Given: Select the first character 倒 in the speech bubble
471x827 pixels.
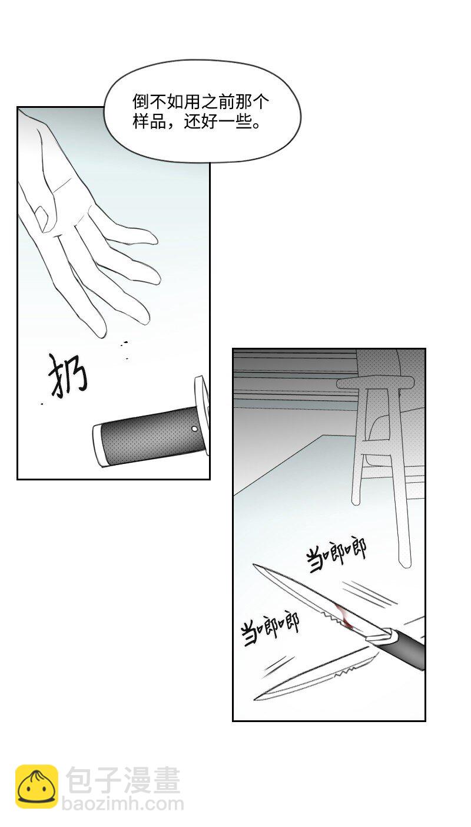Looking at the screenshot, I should pyautogui.click(x=139, y=101).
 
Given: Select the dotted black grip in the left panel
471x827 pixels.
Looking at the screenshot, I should pyautogui.click(x=147, y=437).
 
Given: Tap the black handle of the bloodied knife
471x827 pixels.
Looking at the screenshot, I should pyautogui.click(x=406, y=647).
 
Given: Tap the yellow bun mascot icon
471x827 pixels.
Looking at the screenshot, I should pyautogui.click(x=37, y=786).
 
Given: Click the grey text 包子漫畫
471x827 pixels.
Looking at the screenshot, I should pyautogui.click(x=123, y=781).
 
